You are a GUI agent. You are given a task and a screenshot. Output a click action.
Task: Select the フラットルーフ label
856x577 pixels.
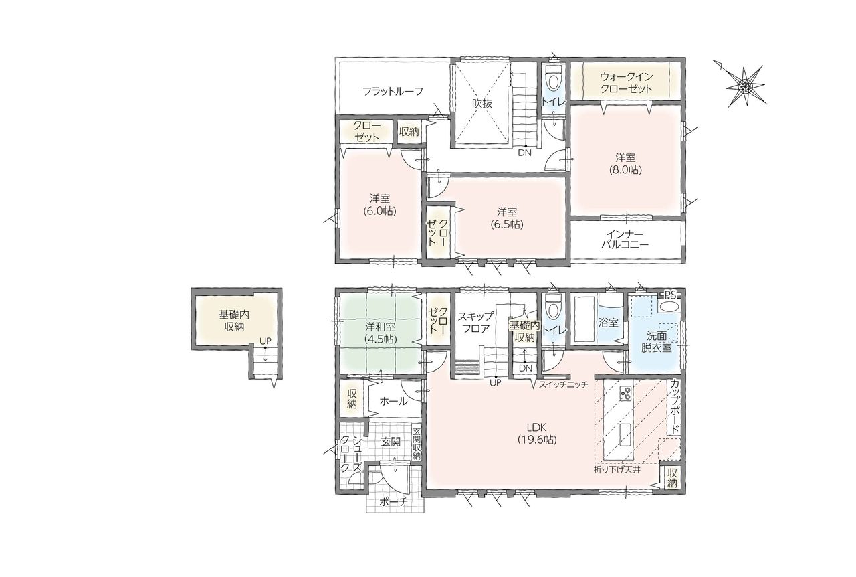393,92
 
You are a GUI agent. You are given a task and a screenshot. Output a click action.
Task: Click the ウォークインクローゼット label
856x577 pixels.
626,82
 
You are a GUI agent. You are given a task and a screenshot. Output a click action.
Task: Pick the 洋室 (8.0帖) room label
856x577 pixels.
625,163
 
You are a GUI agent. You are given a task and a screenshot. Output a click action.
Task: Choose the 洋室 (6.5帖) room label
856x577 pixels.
507,218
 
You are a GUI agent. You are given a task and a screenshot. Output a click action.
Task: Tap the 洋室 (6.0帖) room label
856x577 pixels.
379,205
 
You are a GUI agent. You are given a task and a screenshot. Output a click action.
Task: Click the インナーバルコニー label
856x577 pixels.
625,240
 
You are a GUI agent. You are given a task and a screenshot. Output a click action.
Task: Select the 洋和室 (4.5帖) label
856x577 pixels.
381,333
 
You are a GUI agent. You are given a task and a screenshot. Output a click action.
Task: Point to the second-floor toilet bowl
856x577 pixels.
553,79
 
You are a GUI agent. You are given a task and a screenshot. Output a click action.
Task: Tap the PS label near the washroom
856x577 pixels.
670,295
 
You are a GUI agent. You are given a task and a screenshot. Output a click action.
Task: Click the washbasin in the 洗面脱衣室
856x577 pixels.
669,307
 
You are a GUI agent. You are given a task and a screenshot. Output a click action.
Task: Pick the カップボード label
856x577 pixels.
675,406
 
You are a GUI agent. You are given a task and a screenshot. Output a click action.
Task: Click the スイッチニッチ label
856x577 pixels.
563,384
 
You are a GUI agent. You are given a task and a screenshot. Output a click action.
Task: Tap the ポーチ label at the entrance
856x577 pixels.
394,502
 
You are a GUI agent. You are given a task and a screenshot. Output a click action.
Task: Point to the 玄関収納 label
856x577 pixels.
417,444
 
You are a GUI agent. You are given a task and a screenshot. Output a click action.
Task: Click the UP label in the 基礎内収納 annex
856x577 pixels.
265,341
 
